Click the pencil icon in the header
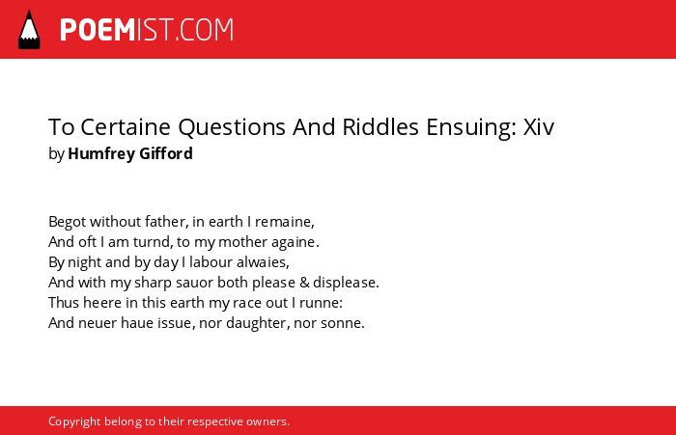coord(29,30)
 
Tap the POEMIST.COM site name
coord(147,30)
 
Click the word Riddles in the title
coord(380,126)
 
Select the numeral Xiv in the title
coord(539,126)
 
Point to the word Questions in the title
coord(232,127)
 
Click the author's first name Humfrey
coord(100,153)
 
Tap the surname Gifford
coord(166,153)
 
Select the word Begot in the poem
coord(67,222)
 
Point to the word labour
coord(211,261)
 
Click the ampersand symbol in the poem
coord(304,283)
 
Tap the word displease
coord(346,283)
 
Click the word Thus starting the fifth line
coord(64,302)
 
